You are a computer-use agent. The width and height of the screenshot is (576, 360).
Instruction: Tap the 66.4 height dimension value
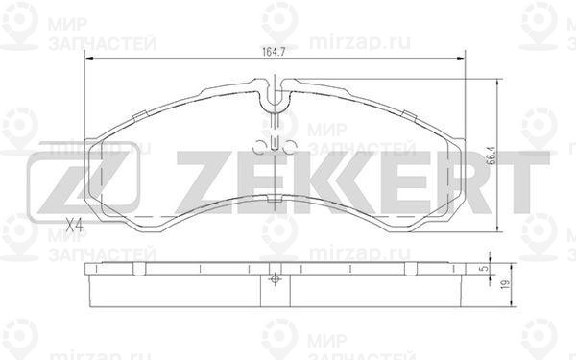point(490,153)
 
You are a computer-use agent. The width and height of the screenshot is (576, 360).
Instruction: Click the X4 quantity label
point(74,226)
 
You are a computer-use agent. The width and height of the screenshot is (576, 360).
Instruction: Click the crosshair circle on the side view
point(275,281)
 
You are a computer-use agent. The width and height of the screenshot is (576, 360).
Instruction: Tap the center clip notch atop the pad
point(275,96)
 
